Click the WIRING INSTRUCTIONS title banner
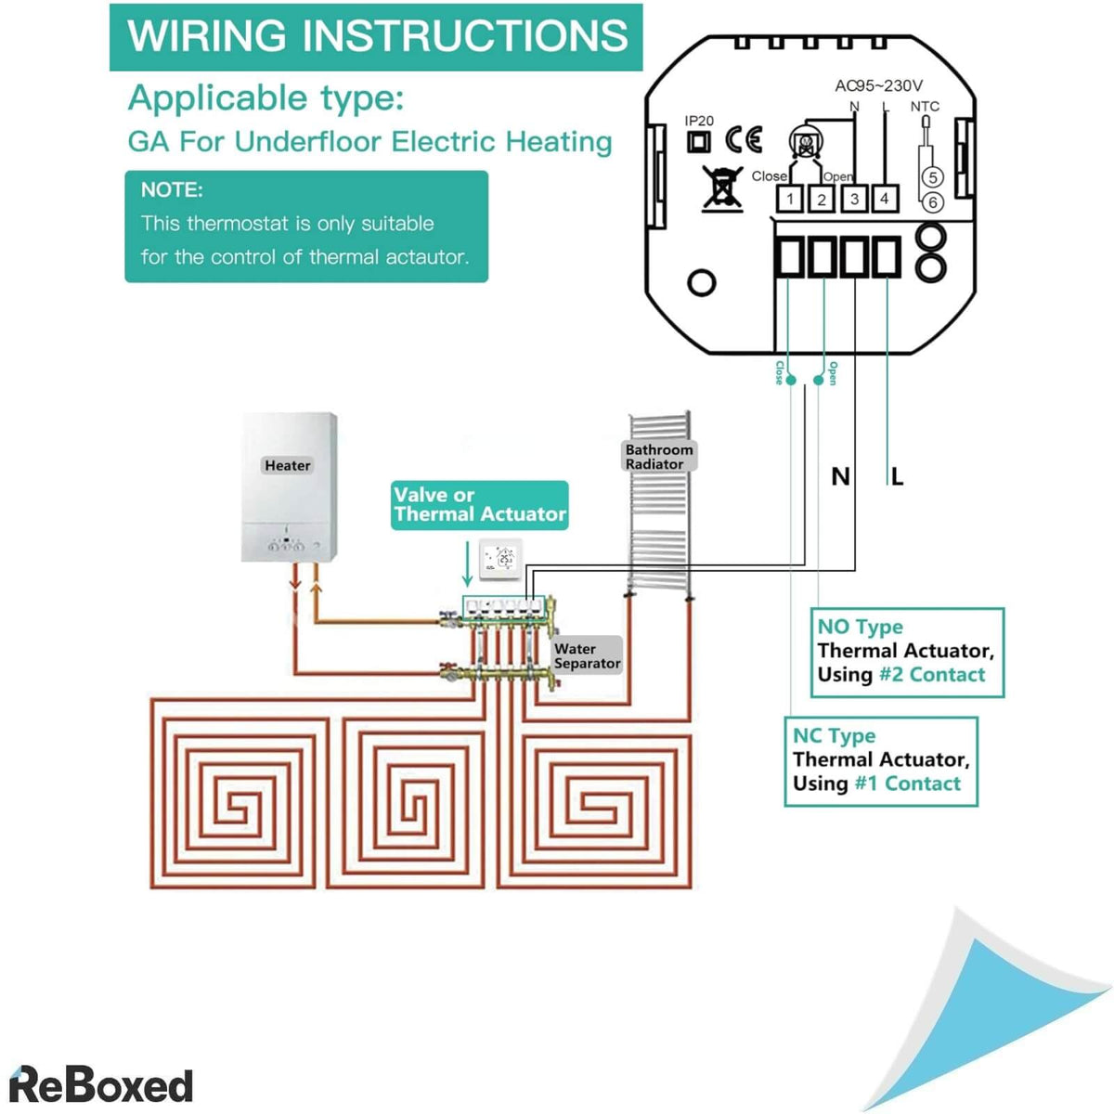(x=376, y=37)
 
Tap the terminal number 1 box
(x=789, y=199)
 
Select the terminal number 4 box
(x=885, y=198)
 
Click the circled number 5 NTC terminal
(x=932, y=177)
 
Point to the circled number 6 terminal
(x=932, y=201)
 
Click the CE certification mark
(x=744, y=139)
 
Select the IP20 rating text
(x=699, y=121)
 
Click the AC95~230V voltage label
(x=878, y=85)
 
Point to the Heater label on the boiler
(x=287, y=465)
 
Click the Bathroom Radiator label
(x=659, y=456)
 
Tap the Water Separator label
(x=587, y=655)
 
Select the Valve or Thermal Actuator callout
(x=479, y=505)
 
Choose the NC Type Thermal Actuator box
(x=880, y=760)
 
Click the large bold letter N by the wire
(x=840, y=477)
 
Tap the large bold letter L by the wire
(x=897, y=477)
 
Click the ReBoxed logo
(x=100, y=1085)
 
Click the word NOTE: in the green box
(x=172, y=190)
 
